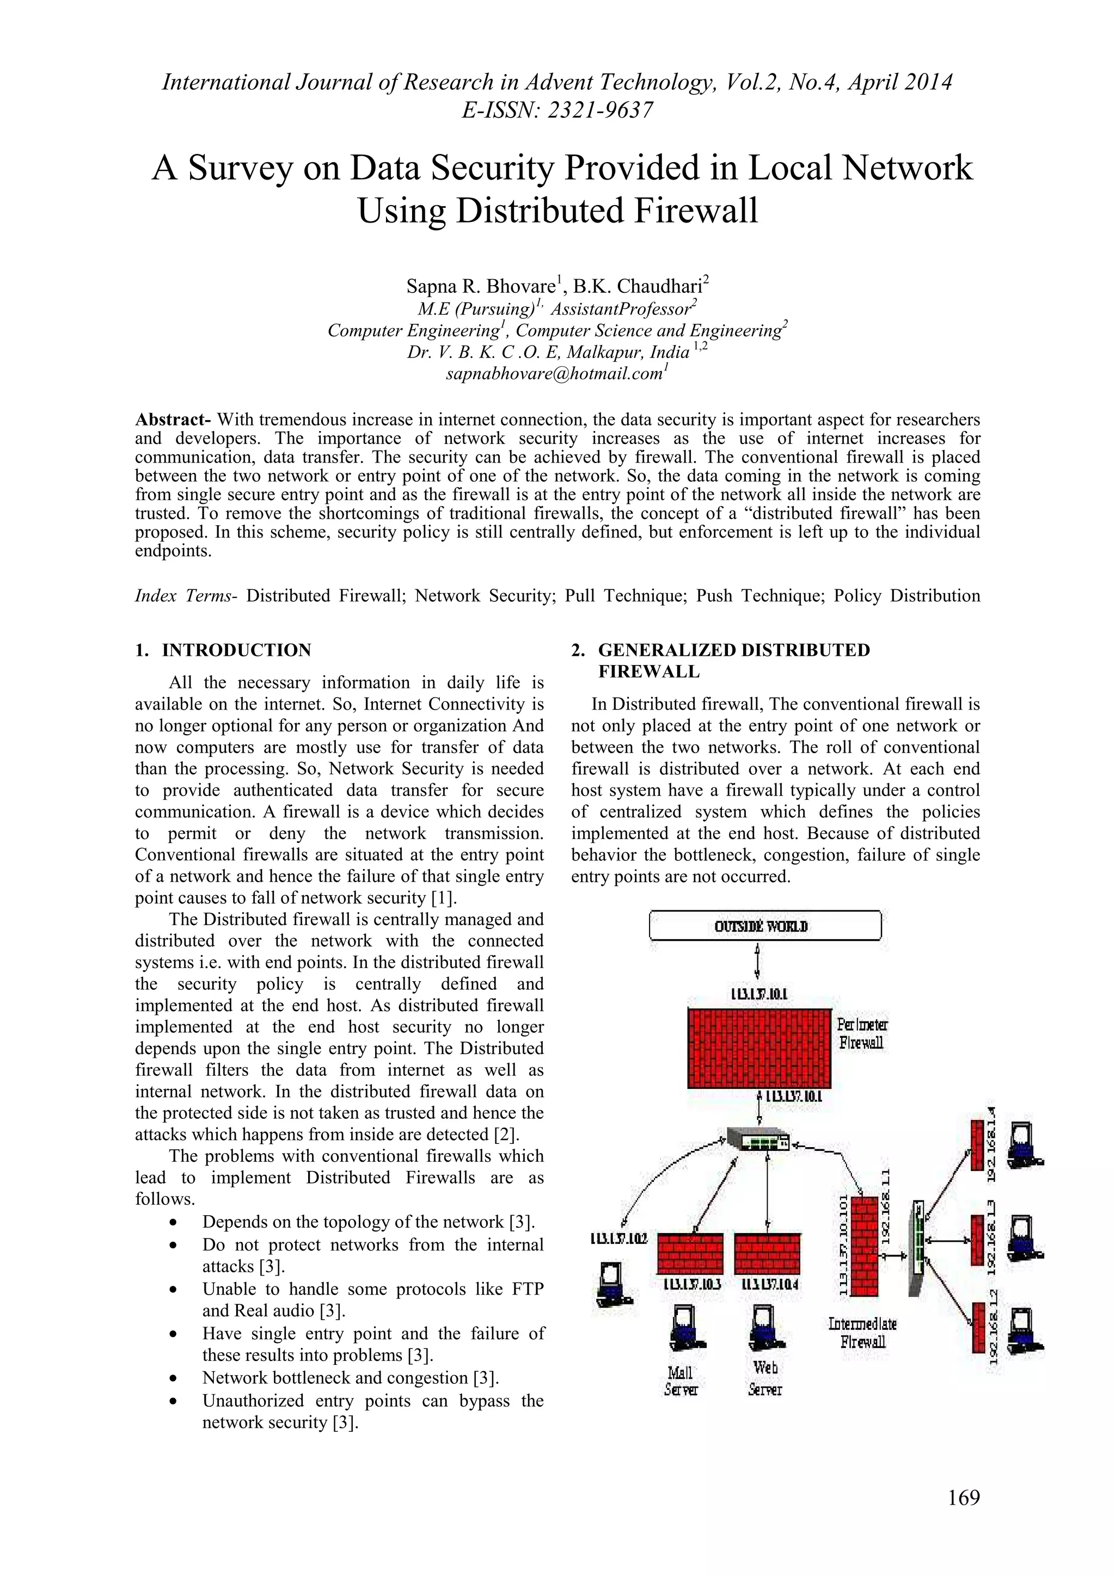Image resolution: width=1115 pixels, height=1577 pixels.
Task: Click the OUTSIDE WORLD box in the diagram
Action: coord(764,926)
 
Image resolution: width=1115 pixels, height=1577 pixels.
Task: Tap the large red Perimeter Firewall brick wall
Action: coord(759,1048)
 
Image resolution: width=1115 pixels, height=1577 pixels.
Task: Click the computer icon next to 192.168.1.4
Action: coord(1024,1145)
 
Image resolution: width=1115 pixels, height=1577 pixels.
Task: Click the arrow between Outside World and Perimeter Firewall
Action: coord(757,961)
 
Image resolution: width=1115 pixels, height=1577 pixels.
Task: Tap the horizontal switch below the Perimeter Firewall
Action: coord(758,1142)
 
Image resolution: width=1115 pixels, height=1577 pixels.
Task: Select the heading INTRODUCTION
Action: coord(236,650)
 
